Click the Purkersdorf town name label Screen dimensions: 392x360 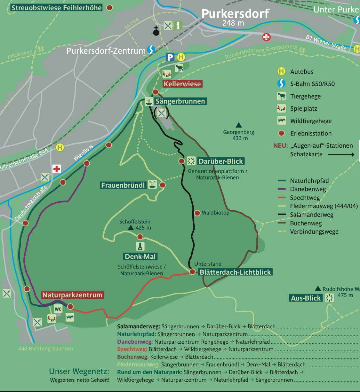click(x=235, y=14)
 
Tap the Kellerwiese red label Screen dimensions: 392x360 click(x=182, y=84)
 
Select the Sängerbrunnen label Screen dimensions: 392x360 click(x=180, y=101)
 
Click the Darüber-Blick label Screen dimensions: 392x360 click(x=221, y=161)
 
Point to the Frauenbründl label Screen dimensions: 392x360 click(x=123, y=185)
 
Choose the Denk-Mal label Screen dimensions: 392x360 click(x=140, y=257)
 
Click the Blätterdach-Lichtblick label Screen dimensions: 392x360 click(x=235, y=272)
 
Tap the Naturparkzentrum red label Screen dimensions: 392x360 click(x=72, y=295)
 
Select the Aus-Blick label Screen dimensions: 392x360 click(x=306, y=298)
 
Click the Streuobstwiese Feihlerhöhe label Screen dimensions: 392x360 click(x=57, y=8)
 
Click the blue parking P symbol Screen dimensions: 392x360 click(x=170, y=57)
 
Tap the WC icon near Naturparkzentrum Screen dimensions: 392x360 click(x=58, y=309)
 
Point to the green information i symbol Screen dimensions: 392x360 click(x=178, y=26)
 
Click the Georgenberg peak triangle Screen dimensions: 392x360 click(x=239, y=125)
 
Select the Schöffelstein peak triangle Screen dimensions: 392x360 click(x=131, y=228)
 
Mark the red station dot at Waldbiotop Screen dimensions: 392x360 click(x=197, y=213)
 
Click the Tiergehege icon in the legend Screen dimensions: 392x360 click(x=281, y=96)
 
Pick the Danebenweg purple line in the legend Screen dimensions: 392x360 click(x=282, y=189)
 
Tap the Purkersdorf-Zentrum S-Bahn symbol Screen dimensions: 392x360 click(x=151, y=50)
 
